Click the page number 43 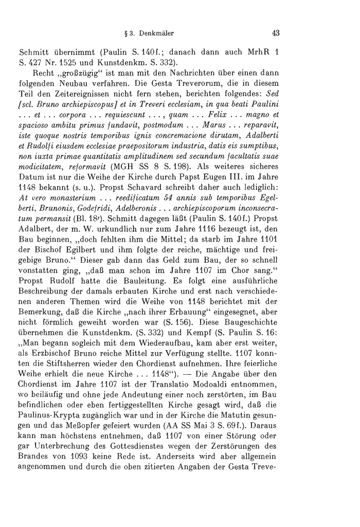tap(276, 34)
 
